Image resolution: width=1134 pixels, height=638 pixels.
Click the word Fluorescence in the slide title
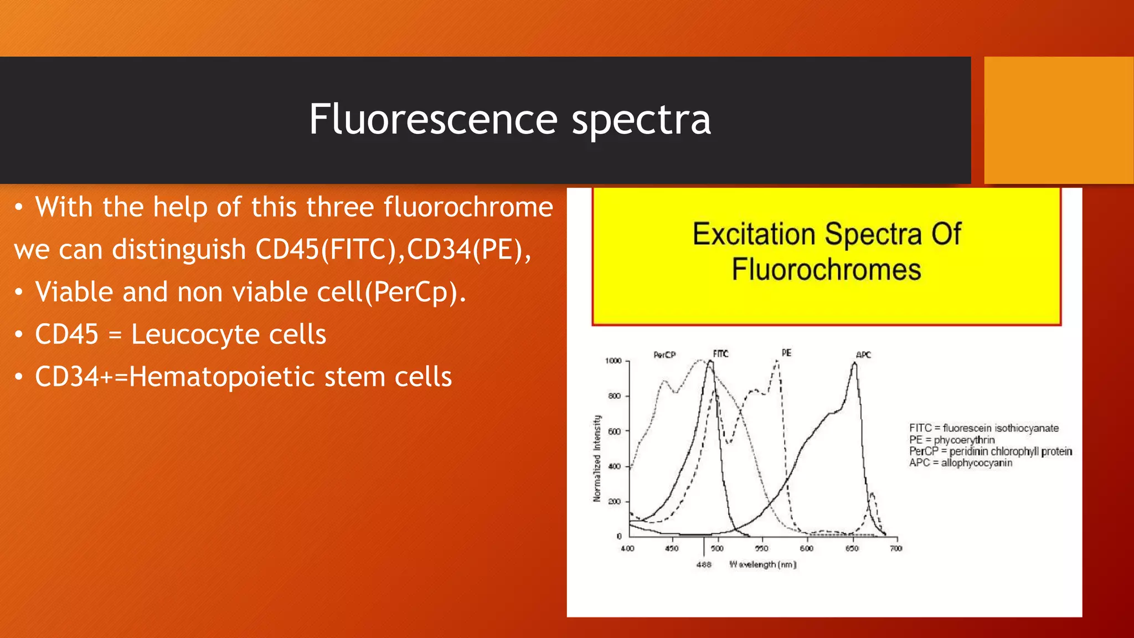(x=433, y=119)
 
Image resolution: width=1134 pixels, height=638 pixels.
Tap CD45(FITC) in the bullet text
(x=326, y=249)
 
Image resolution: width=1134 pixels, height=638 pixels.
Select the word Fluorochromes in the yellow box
(x=826, y=270)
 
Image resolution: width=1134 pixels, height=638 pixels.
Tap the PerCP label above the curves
(x=664, y=355)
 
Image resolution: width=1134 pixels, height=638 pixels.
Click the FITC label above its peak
(x=720, y=354)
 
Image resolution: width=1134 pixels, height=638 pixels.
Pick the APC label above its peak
(x=863, y=355)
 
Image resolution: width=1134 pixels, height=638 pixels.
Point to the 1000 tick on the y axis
(x=613, y=361)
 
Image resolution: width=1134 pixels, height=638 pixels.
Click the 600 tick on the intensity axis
(x=615, y=431)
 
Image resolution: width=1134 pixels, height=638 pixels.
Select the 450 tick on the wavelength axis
(x=672, y=548)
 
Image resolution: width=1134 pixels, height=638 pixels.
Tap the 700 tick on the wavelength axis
(x=896, y=548)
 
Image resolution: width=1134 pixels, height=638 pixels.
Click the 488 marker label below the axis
(x=703, y=565)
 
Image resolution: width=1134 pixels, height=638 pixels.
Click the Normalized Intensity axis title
(x=597, y=459)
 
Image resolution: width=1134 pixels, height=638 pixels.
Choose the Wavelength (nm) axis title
(x=762, y=564)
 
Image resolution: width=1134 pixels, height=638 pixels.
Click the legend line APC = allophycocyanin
(x=960, y=463)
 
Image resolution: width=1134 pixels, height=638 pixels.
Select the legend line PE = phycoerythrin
(x=951, y=440)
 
